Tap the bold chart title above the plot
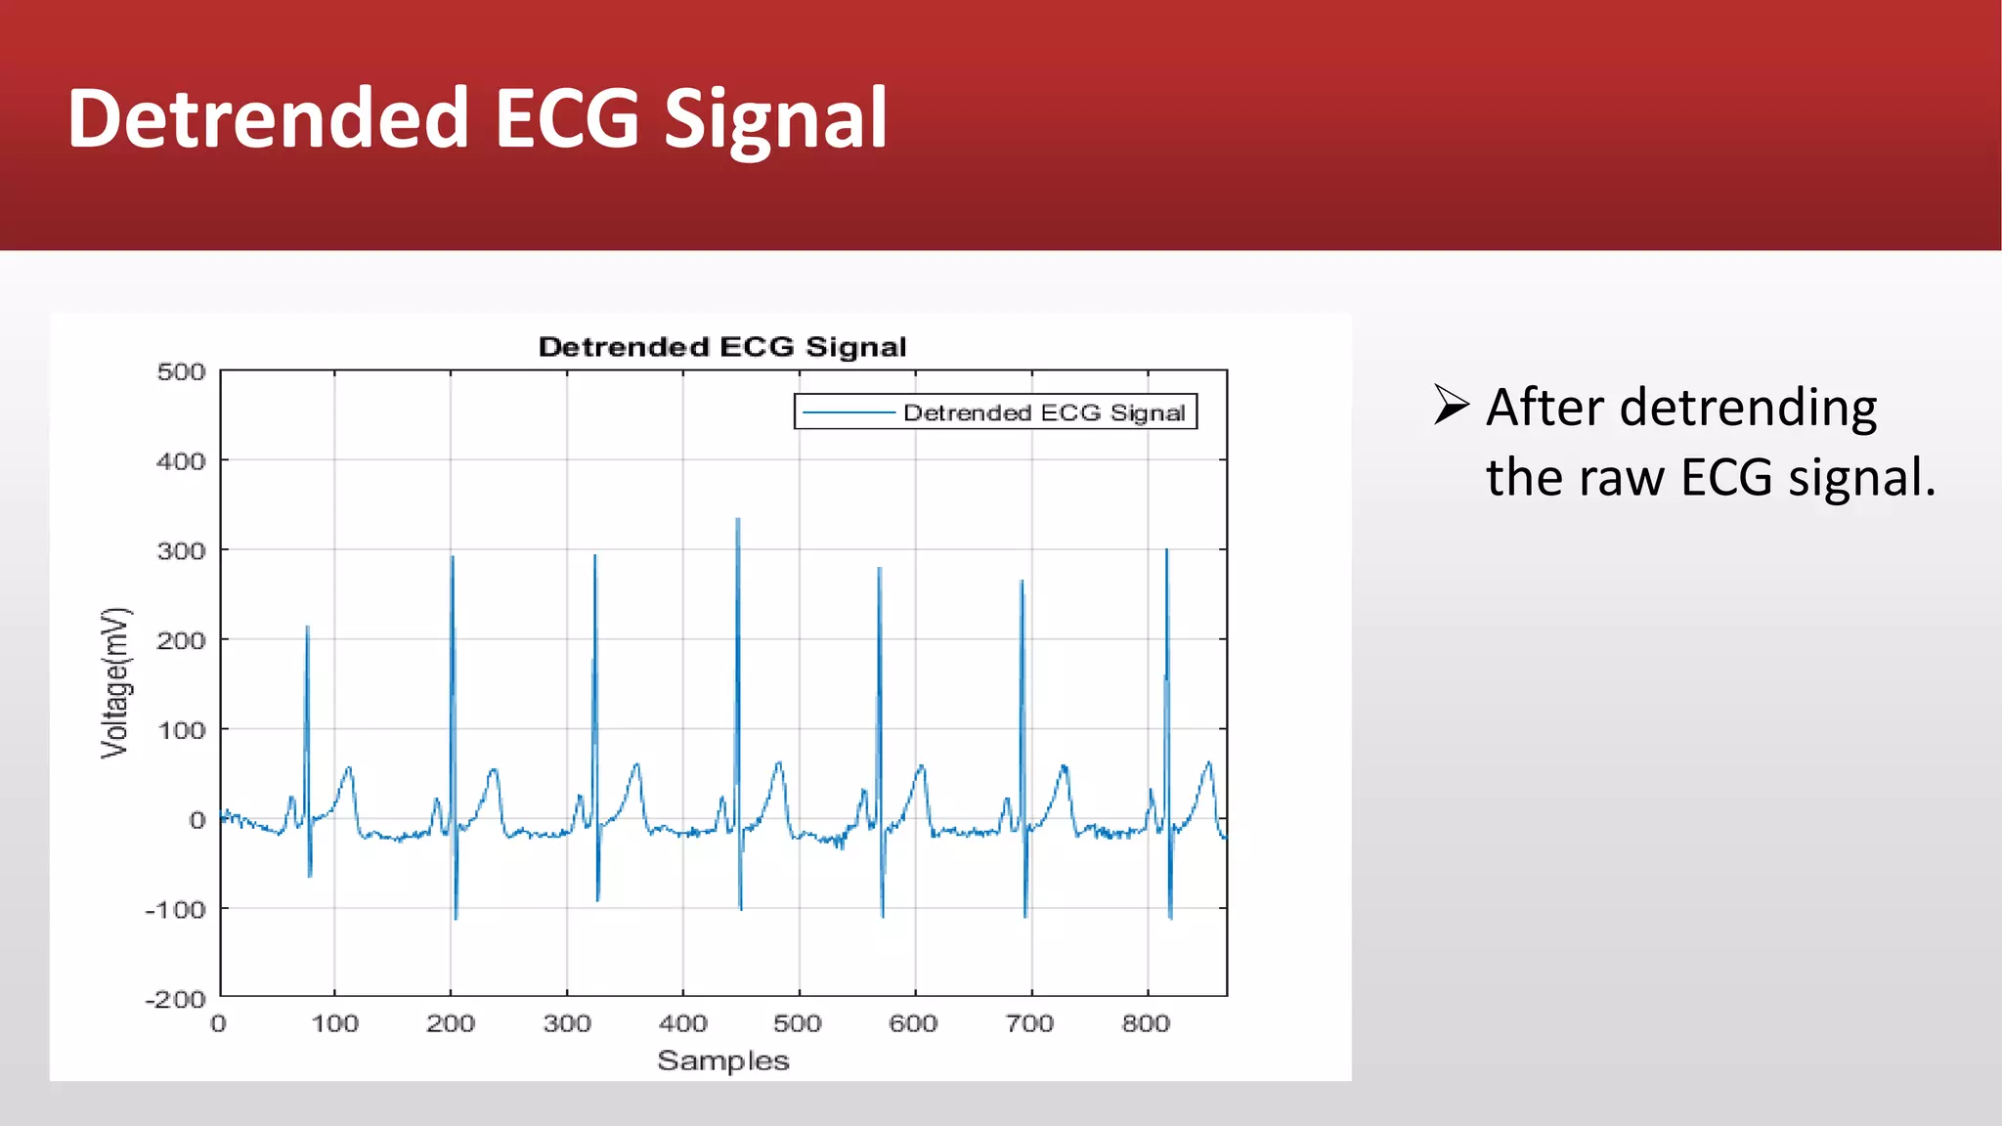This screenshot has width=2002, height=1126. click(722, 347)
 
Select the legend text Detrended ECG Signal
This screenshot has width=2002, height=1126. click(1043, 412)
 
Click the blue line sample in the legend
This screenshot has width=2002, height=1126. click(848, 412)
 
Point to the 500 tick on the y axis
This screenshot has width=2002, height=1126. click(181, 372)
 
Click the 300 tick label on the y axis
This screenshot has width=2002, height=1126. click(181, 551)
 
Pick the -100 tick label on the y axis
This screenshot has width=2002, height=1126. click(176, 910)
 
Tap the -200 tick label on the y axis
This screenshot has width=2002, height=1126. click(176, 999)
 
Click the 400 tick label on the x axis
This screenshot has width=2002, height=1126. click(682, 1023)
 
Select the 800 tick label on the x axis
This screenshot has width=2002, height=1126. click(1146, 1023)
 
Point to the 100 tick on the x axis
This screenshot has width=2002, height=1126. click(334, 1023)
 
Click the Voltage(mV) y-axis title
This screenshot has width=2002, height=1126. click(115, 683)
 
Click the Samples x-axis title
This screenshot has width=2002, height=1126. click(722, 1061)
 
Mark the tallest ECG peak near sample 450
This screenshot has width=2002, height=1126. click(738, 520)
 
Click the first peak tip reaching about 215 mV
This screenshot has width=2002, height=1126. click(307, 628)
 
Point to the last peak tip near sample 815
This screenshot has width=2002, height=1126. click(1166, 551)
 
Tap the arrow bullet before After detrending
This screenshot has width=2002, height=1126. click(1452, 405)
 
